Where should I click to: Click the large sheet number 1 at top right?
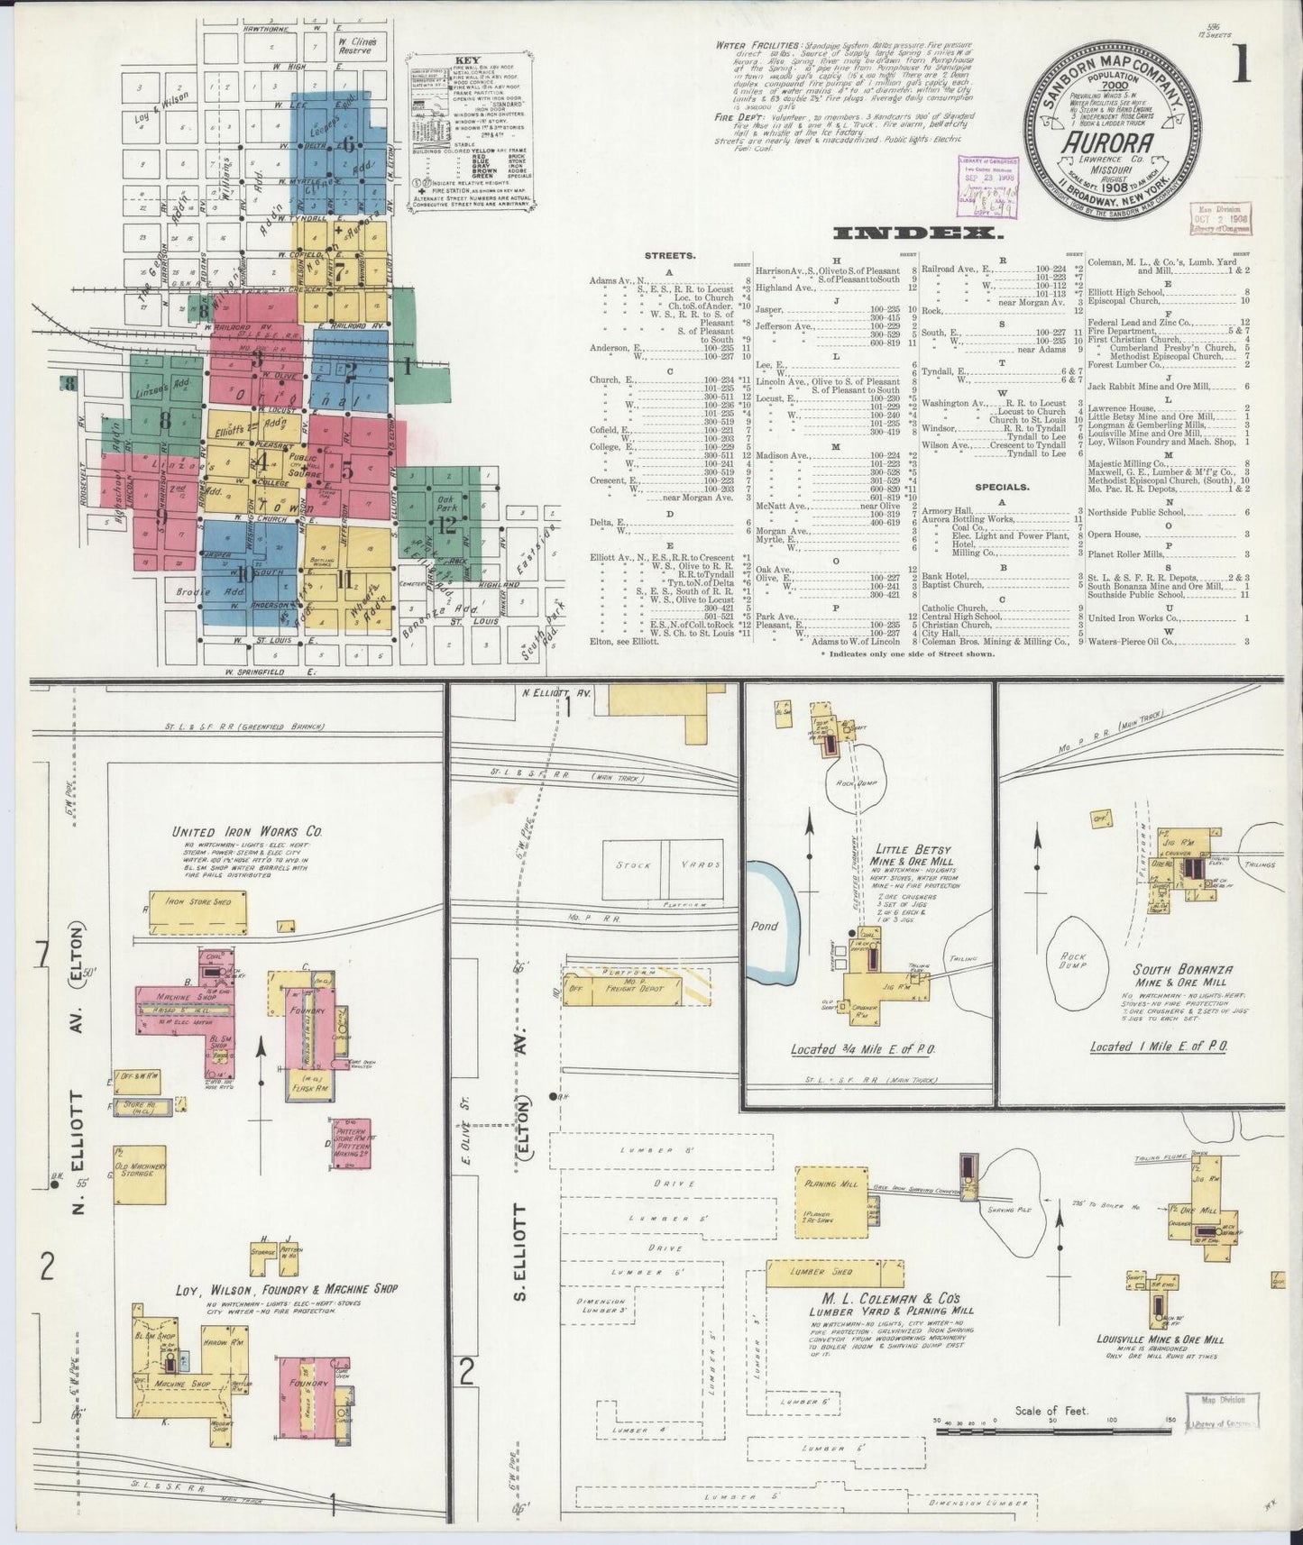tap(1242, 65)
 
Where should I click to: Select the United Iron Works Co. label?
tap(247, 832)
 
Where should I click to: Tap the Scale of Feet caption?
tap(1051, 1412)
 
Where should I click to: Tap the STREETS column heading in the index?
tap(668, 255)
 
